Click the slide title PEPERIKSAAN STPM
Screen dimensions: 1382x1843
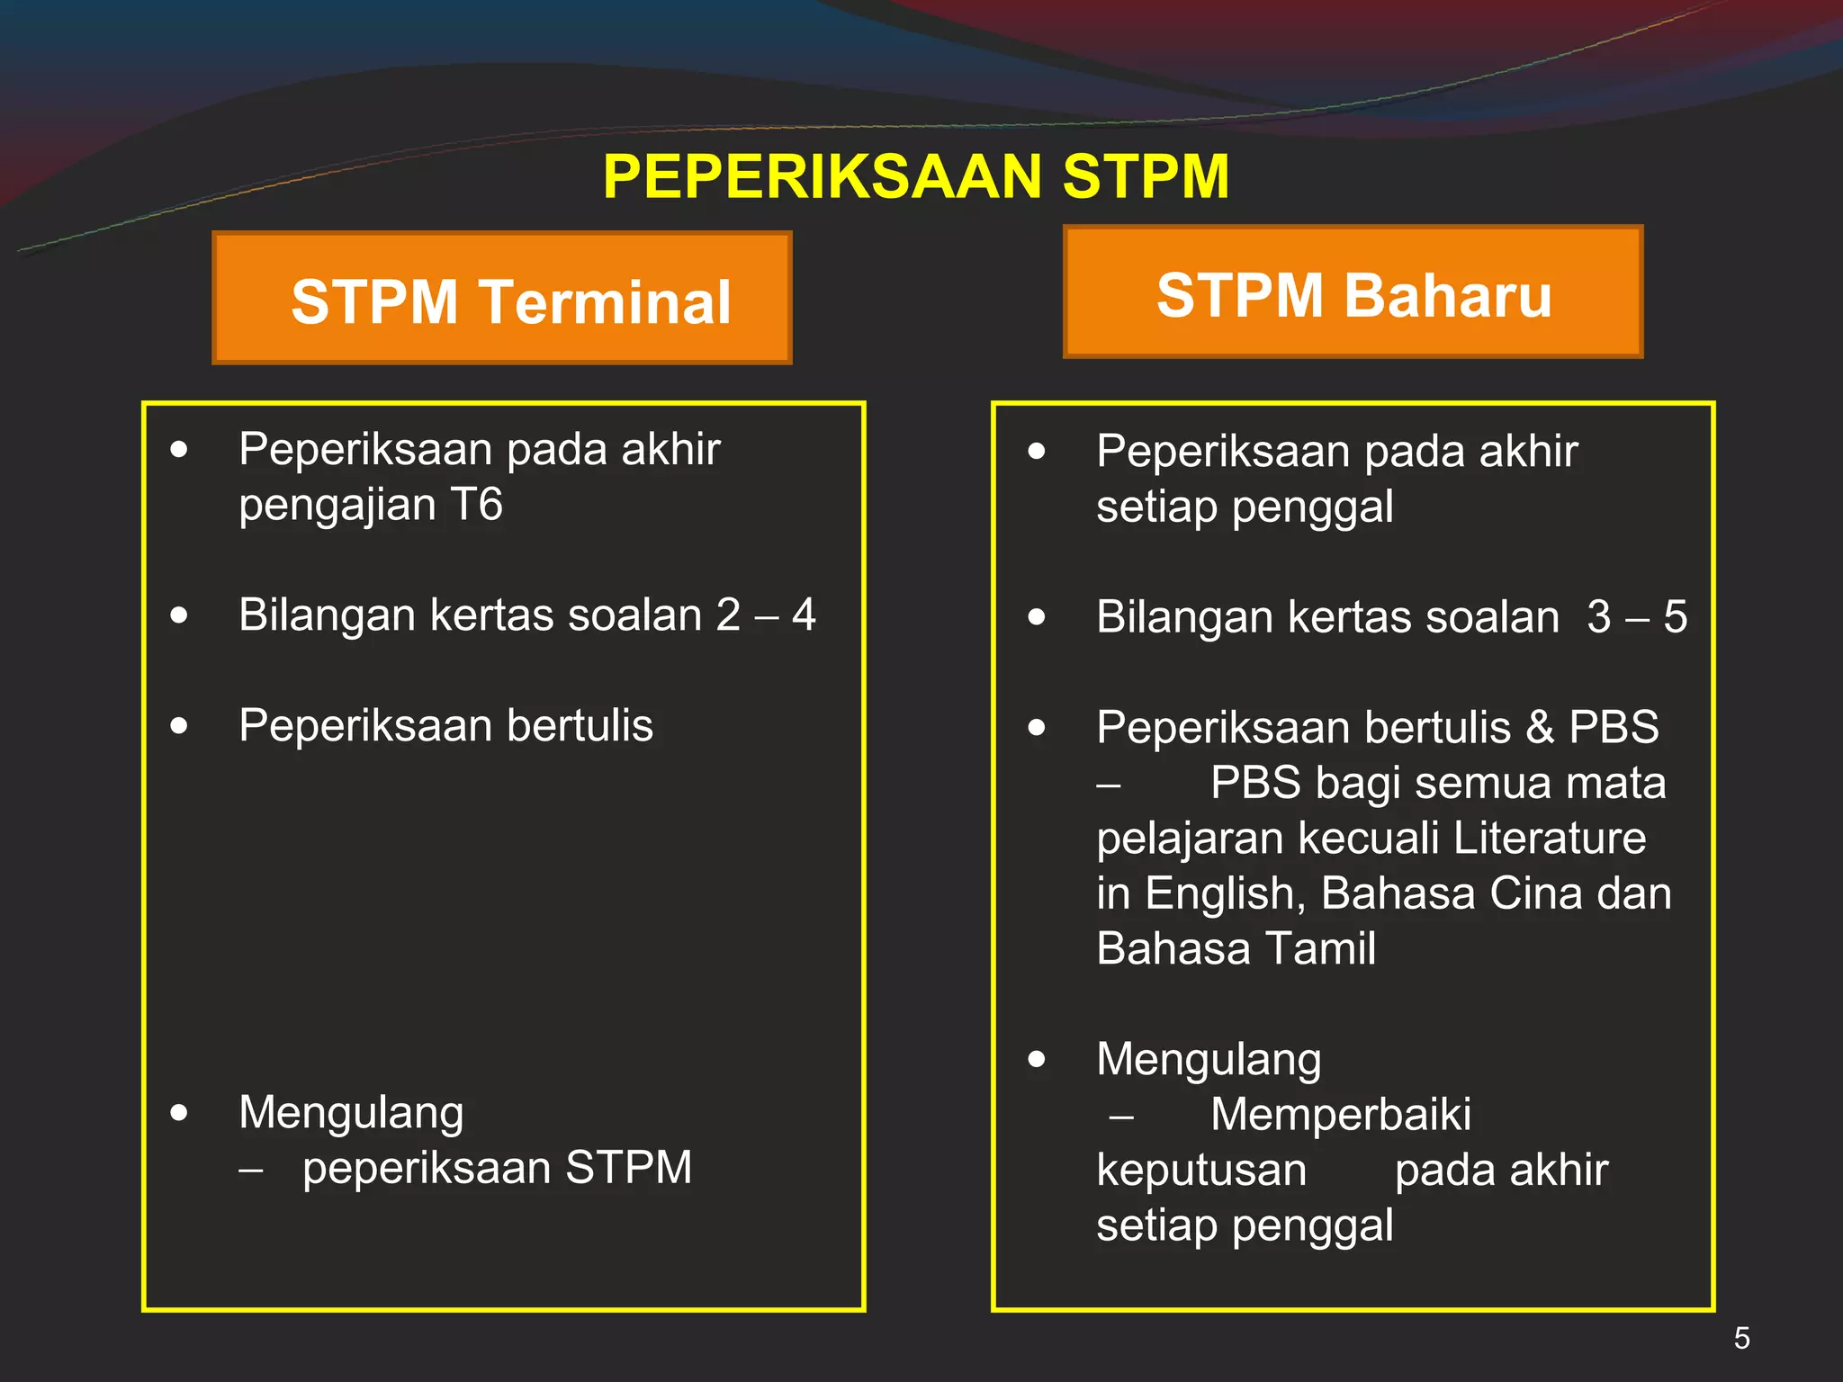pos(916,176)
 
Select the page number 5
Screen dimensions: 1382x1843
pos(1741,1338)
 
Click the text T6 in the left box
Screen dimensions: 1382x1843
pos(476,504)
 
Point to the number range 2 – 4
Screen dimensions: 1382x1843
pos(766,615)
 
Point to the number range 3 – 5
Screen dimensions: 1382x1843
pos(1637,617)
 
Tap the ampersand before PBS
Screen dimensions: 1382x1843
pos(1540,727)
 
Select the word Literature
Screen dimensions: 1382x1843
pos(1549,838)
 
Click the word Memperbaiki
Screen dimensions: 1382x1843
pos(1340,1115)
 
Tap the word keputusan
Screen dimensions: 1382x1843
pos(1201,1171)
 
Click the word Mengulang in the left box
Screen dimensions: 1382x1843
pos(351,1113)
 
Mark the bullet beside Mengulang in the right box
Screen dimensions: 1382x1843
pos(1037,1059)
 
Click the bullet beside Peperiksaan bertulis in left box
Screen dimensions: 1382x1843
pos(179,725)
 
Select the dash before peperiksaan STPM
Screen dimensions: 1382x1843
pos(251,1171)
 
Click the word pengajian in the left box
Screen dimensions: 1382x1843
pos(337,506)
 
